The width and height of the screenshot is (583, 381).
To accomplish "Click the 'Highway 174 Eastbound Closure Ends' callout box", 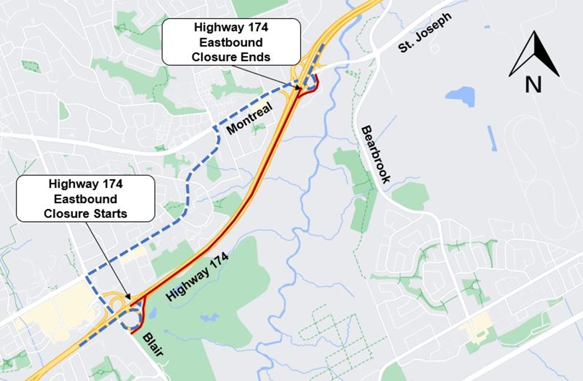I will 231,42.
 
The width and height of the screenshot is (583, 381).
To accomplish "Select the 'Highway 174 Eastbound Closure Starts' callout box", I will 86,198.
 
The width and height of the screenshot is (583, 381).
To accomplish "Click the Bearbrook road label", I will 375,155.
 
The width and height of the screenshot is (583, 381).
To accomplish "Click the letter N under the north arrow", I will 533,85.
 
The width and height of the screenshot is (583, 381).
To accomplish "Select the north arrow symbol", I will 534,54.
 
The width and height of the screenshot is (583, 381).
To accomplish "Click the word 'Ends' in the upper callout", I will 257,56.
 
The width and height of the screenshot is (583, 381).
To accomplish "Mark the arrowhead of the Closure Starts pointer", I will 129,296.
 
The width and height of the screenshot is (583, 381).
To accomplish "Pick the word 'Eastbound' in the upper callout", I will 231,42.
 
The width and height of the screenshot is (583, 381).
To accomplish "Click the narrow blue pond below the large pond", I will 492,138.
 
